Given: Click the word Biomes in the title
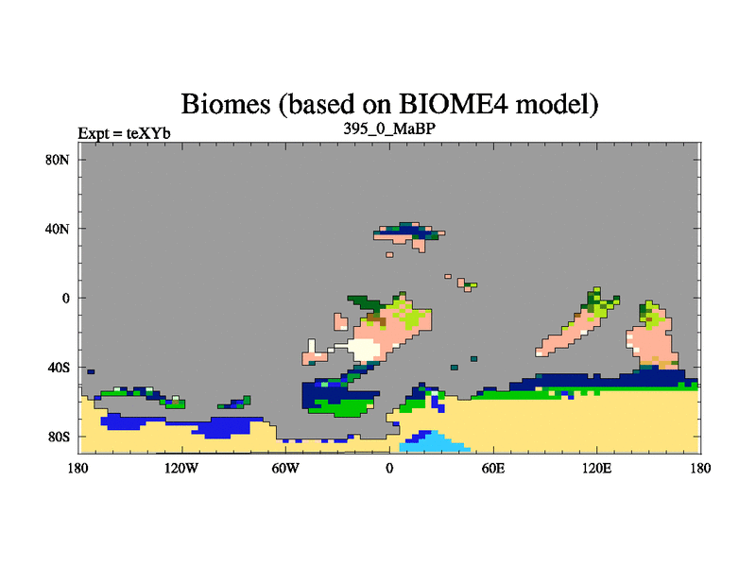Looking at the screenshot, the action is [226, 104].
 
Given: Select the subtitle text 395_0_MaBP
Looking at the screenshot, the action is [389, 129].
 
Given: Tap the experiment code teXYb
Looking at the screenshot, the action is [148, 133].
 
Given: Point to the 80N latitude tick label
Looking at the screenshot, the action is [58, 160].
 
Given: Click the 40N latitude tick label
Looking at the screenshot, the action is [58, 229].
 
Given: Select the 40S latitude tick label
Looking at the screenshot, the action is [59, 368].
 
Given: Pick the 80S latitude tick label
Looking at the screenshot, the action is [59, 437].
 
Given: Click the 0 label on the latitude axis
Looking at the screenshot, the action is [65, 298].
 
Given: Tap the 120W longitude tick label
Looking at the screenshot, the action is [181, 468].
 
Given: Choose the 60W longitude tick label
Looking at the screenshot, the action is [285, 468].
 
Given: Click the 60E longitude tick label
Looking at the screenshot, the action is [492, 468].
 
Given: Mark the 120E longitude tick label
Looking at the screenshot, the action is [597, 468].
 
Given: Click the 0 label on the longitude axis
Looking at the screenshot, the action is [389, 468].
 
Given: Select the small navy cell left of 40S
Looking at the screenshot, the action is [91, 371].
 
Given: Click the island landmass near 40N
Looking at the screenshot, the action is [409, 236].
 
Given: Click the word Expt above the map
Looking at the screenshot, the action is [94, 133].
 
